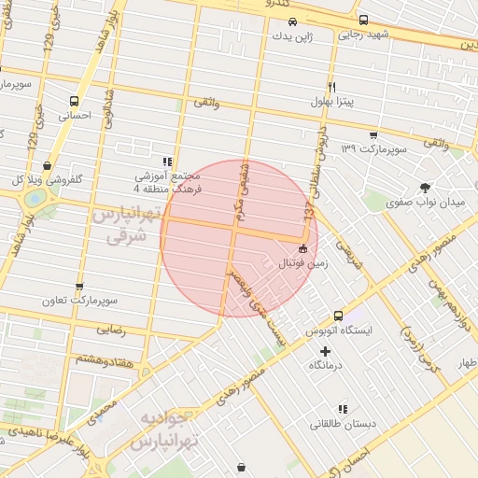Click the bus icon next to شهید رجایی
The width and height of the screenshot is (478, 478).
point(363,20)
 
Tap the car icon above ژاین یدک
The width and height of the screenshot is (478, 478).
point(292,21)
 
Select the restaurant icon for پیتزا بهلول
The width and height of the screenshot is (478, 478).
point(331,84)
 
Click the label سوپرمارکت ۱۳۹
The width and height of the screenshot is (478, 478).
point(374,148)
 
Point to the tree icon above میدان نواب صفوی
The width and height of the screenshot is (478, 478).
point(426,188)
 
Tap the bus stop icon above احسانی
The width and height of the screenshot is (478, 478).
point(73,101)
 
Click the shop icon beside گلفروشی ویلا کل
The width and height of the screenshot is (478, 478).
point(47,165)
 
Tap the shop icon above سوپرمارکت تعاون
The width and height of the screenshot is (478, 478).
point(78,287)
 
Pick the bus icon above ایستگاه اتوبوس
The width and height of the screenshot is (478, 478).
point(338,316)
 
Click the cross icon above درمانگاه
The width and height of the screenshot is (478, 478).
point(325,351)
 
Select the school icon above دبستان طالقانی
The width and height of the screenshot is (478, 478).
point(344,408)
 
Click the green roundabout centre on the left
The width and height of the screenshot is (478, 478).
point(35,199)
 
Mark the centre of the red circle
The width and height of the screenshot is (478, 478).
point(239,239)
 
